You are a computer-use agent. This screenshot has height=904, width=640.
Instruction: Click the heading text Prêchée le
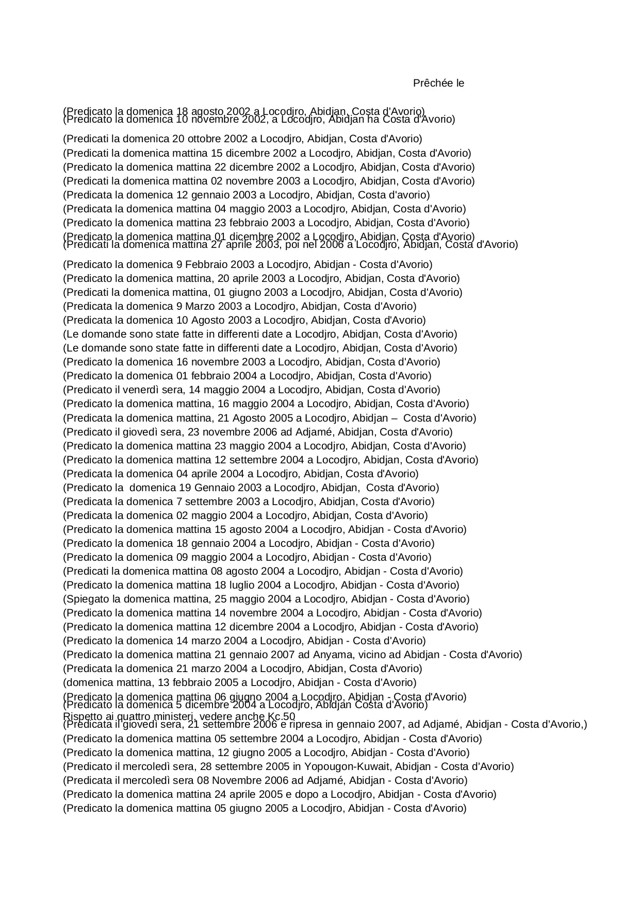(x=438, y=83)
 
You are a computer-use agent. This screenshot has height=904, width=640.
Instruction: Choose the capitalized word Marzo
(x=193, y=306)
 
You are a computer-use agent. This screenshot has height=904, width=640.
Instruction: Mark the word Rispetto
(x=81, y=716)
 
